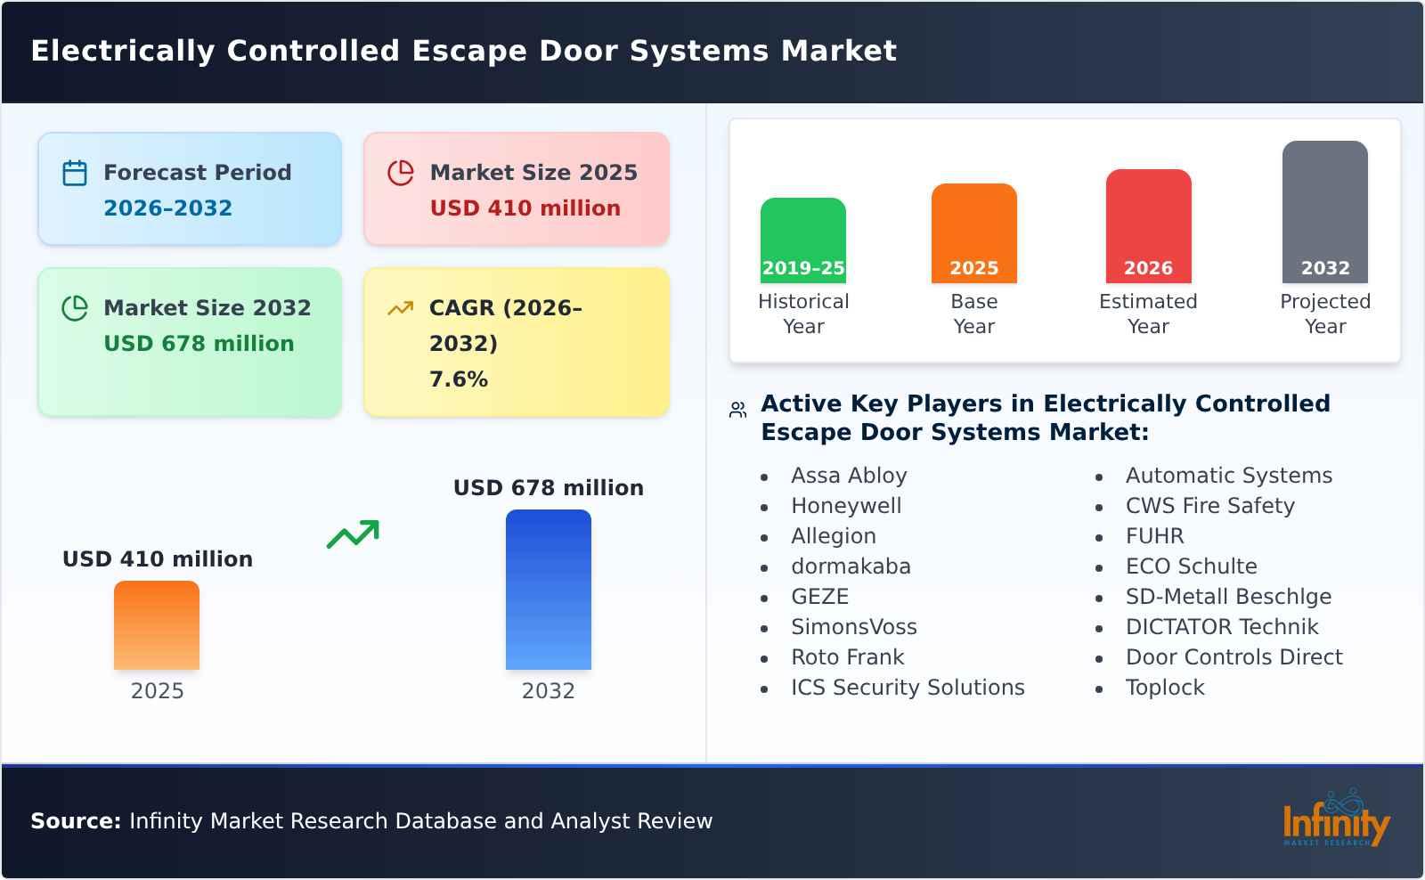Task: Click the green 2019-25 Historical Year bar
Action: pyautogui.click(x=802, y=240)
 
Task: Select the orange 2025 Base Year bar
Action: pyautogui.click(x=973, y=232)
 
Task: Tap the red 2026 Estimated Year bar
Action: pyautogui.click(x=1148, y=225)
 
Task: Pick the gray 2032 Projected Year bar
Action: pyautogui.click(x=1324, y=211)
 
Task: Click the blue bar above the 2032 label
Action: pyautogui.click(x=548, y=589)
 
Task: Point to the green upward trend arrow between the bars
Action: pyautogui.click(x=353, y=534)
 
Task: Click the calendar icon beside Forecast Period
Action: pyautogui.click(x=75, y=173)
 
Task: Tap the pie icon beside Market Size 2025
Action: pyautogui.click(x=401, y=173)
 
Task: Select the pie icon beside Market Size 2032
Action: pyautogui.click(x=75, y=308)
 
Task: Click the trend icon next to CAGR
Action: pyautogui.click(x=400, y=308)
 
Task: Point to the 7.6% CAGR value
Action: pyautogui.click(x=458, y=379)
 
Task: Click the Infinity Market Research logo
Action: pyautogui.click(x=1335, y=819)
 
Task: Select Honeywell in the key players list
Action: pyautogui.click(x=846, y=506)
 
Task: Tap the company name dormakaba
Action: pyautogui.click(x=851, y=566)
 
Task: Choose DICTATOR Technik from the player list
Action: pyautogui.click(x=1221, y=627)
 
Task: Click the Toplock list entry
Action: pyautogui.click(x=1164, y=688)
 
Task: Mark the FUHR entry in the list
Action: pyautogui.click(x=1154, y=536)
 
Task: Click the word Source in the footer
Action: pyautogui.click(x=75, y=821)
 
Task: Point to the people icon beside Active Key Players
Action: pyautogui.click(x=737, y=410)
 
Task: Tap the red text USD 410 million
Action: pyautogui.click(x=525, y=208)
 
